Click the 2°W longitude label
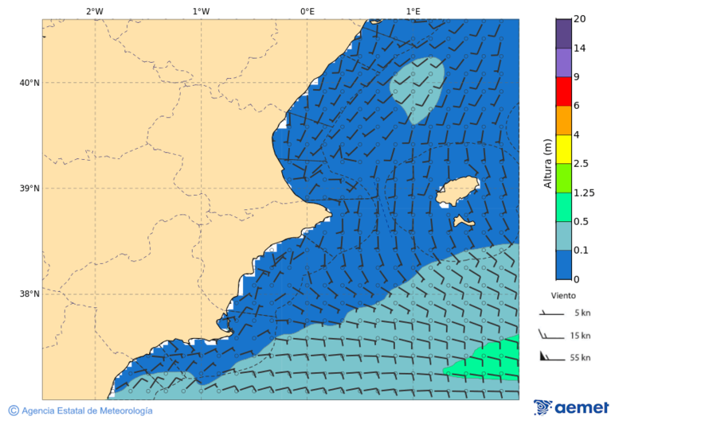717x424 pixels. (x=94, y=11)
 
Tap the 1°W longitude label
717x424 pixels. (x=201, y=11)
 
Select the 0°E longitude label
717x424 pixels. (x=307, y=11)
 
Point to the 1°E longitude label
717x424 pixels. (x=413, y=11)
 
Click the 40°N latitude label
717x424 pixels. (x=29, y=83)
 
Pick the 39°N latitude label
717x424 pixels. (x=29, y=189)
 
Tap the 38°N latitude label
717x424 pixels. (x=29, y=294)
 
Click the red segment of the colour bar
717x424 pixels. (x=563, y=91)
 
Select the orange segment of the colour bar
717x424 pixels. (x=563, y=120)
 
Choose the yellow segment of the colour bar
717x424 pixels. (x=563, y=149)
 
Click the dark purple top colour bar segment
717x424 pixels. (x=563, y=33)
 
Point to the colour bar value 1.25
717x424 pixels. (x=585, y=193)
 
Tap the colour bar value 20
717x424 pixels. (x=579, y=19)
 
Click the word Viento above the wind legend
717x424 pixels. (x=563, y=295)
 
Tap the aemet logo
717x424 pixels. (x=571, y=407)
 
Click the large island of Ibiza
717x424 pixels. (x=457, y=193)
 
